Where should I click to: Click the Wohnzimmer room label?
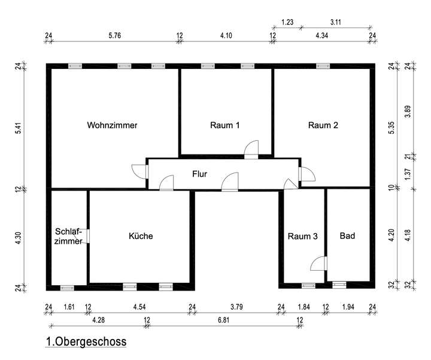click(112, 126)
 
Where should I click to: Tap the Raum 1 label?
click(225, 126)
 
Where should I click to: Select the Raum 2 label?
click(323, 126)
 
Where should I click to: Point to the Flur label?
click(199, 174)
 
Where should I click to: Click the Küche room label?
click(141, 236)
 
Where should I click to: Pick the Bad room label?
click(347, 236)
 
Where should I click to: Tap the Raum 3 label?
click(302, 236)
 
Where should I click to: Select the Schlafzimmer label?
click(68, 236)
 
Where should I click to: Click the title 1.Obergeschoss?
click(86, 343)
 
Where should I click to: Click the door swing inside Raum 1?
click(251, 149)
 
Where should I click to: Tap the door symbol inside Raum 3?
click(319, 264)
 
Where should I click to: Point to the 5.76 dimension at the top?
click(115, 36)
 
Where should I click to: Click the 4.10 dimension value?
click(226, 36)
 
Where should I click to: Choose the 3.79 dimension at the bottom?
click(236, 308)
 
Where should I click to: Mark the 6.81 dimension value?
click(223, 321)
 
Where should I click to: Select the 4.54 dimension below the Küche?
click(140, 308)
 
